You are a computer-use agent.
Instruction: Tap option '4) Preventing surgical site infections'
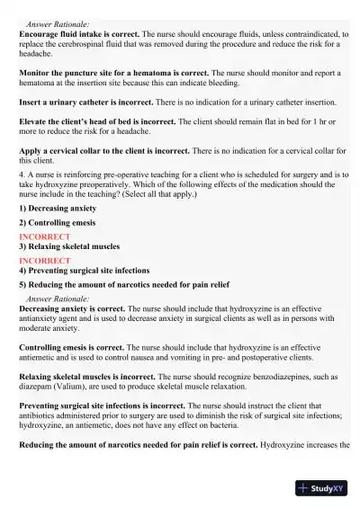coord(89,270)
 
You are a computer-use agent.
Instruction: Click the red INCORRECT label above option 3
coord(39,236)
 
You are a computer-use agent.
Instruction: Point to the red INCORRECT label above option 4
coord(39,261)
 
